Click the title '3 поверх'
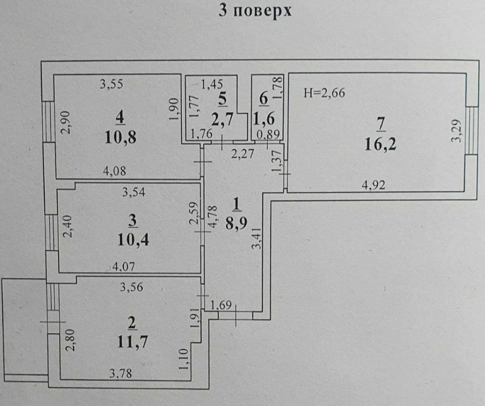256,11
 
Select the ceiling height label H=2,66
324,93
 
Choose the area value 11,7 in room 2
132,342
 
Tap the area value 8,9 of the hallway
236,224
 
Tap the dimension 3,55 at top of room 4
112,84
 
